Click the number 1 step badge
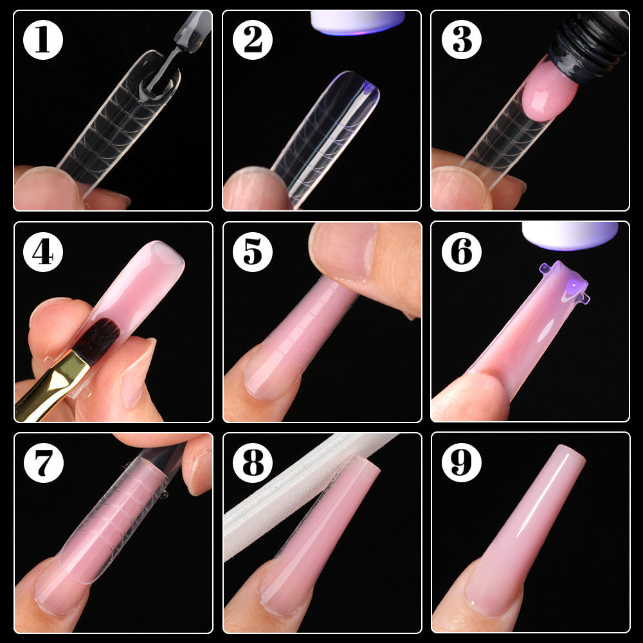[43, 40]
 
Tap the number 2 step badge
[253, 40]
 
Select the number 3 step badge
[462, 40]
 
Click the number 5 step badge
[253, 252]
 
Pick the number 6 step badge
[462, 252]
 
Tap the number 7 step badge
[43, 462]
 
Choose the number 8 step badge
[253, 462]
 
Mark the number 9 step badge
[462, 462]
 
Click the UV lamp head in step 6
[569, 235]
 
